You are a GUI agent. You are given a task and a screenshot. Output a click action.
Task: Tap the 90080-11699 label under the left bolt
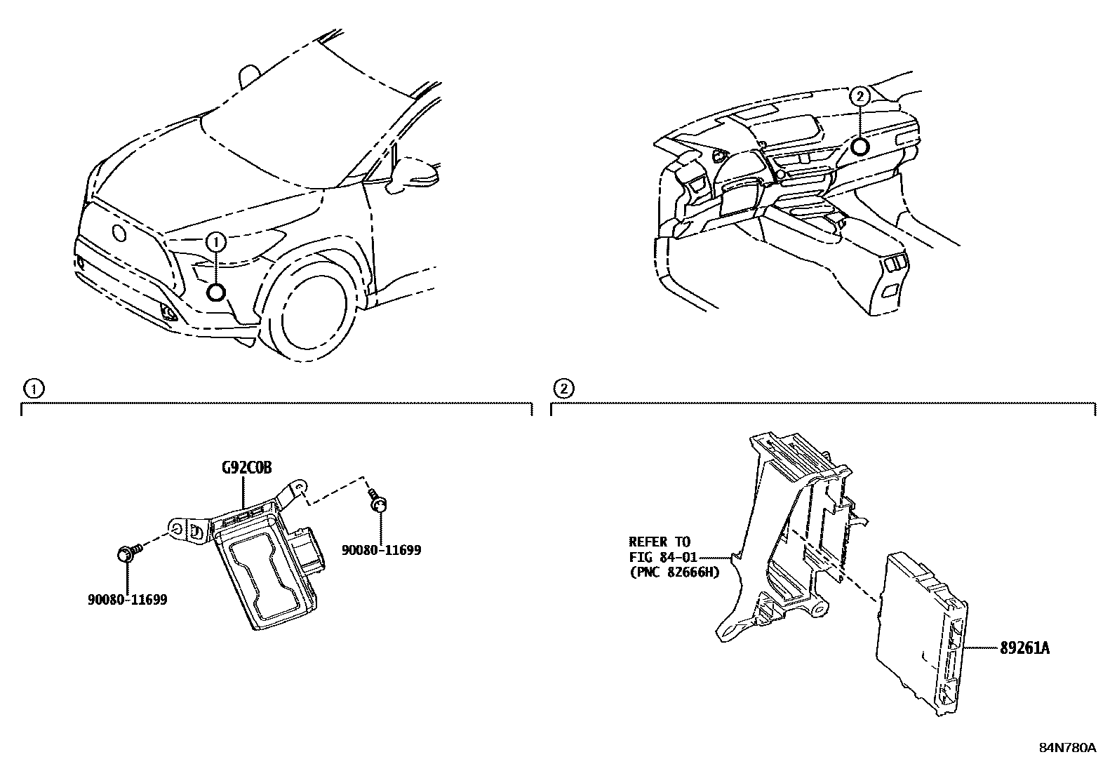[x=128, y=600]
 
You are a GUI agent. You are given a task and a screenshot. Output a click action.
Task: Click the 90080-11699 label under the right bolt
[x=382, y=550]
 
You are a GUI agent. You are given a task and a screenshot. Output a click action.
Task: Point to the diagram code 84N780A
[x=1066, y=747]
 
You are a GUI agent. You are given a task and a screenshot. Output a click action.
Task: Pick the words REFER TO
[x=659, y=542]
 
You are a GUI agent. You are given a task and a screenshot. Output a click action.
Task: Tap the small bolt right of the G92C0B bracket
[x=380, y=503]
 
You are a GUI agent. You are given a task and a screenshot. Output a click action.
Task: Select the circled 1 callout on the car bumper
[x=216, y=242]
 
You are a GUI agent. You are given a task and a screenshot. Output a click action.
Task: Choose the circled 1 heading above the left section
[x=32, y=387]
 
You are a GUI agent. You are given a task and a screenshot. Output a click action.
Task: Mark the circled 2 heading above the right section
[x=562, y=387]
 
